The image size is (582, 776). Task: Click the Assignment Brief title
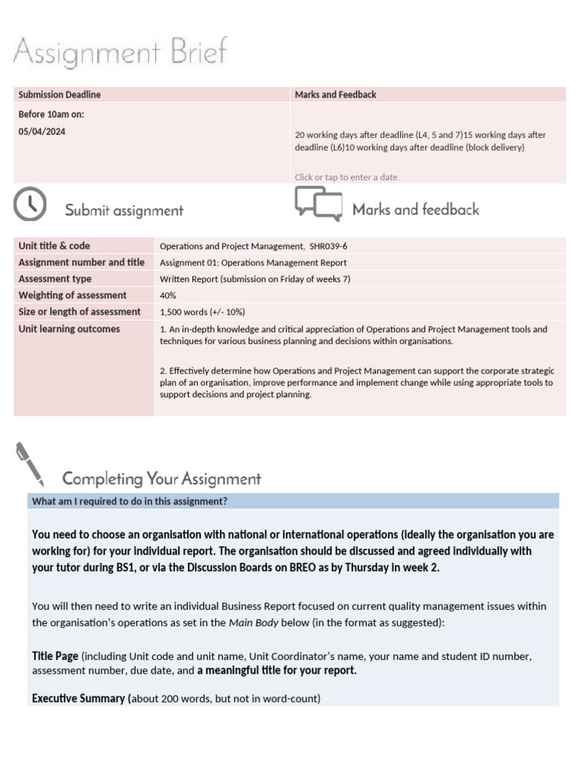(120, 54)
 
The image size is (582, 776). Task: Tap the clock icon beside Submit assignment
(30, 204)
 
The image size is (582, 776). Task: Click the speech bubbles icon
(318, 204)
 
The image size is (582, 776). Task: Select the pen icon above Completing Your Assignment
(30, 464)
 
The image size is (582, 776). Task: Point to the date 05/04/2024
(42, 131)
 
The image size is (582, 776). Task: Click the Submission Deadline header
(59, 95)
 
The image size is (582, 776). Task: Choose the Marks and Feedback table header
(335, 95)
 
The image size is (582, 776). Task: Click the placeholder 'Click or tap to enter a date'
(346, 177)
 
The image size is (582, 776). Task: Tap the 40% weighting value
(168, 296)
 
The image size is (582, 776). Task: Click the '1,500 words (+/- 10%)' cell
(202, 312)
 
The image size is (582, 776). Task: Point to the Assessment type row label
(55, 279)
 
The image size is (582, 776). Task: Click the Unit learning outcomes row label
(69, 329)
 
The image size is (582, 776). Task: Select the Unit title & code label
(54, 246)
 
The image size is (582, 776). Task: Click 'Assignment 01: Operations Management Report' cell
(253, 263)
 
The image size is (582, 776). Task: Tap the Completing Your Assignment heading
(161, 479)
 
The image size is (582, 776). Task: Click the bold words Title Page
(55, 656)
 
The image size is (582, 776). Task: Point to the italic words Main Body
(250, 623)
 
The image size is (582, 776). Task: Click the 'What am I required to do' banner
(130, 501)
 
